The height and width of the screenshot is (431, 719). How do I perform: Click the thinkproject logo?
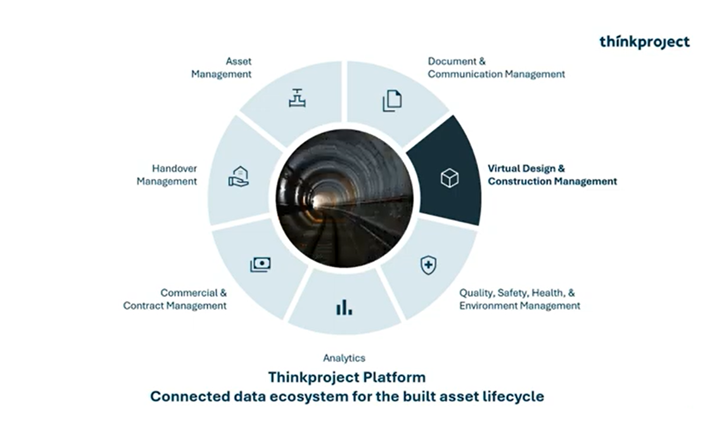coord(644,42)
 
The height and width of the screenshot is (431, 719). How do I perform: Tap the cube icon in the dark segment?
coord(450,178)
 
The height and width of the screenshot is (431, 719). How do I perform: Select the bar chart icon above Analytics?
coord(344,307)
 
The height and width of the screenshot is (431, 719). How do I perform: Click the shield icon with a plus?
coord(429,265)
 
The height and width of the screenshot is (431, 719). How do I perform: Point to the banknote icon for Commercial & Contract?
coord(260,265)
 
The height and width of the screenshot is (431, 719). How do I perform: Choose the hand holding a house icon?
coord(239,176)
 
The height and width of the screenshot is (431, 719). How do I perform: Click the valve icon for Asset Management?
coord(297,98)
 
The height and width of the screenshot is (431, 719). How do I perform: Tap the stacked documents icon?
coord(392,101)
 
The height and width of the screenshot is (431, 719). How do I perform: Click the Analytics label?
coord(344,358)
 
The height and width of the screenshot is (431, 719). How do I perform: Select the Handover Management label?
coord(167,175)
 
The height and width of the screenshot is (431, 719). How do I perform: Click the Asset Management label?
coord(221,68)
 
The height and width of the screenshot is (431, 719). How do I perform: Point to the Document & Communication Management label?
coord(496,68)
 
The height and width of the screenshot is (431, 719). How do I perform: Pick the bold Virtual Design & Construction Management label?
coord(552,175)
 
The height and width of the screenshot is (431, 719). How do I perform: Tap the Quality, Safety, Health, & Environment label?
coord(519,299)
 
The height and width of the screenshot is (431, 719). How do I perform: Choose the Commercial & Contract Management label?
coord(175,299)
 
